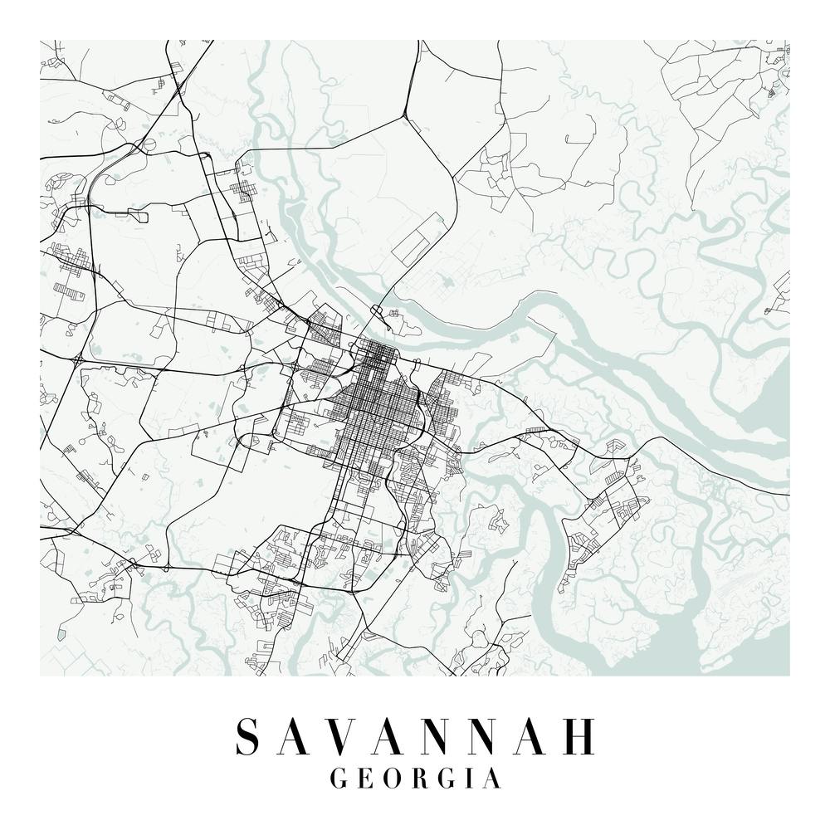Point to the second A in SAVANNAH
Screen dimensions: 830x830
[x=391, y=735]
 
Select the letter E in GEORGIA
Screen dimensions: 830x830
[x=365, y=779]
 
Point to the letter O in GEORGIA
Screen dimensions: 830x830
[x=393, y=779]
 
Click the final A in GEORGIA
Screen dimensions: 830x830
[x=492, y=779]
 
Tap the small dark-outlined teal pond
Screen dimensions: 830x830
[x=61, y=634]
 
